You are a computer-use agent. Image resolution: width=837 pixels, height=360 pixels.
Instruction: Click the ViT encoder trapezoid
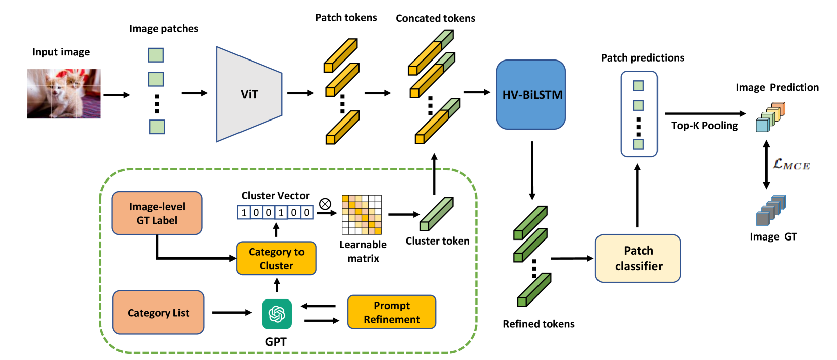(x=249, y=94)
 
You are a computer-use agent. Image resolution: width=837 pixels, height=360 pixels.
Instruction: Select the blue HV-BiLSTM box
(x=531, y=95)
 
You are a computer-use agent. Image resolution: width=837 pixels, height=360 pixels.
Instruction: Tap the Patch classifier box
(x=638, y=258)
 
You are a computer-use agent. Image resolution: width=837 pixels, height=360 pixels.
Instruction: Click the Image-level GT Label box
(x=157, y=213)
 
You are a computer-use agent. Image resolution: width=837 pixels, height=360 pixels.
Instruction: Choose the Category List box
(x=158, y=313)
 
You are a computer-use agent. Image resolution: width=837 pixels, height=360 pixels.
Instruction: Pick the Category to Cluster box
(x=276, y=259)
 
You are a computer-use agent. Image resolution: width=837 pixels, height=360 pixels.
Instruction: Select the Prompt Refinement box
(x=391, y=312)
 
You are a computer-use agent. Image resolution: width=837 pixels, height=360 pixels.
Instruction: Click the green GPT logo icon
(x=277, y=314)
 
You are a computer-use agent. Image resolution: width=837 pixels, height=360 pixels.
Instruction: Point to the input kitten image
(x=64, y=94)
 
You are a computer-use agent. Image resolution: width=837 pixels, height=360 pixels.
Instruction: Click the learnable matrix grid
(x=362, y=215)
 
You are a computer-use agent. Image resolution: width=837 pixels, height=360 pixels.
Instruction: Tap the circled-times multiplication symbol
(x=325, y=204)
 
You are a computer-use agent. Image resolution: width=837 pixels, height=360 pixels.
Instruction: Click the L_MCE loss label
(x=792, y=164)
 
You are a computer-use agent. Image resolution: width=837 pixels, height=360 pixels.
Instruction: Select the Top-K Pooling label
(x=704, y=126)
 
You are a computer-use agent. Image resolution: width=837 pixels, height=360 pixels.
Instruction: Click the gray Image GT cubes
(x=770, y=210)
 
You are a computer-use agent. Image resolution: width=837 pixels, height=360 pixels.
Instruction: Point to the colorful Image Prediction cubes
(x=770, y=117)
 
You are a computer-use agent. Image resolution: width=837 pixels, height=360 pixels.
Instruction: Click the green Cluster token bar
(x=437, y=214)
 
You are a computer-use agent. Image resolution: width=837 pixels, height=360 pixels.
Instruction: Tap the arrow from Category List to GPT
(x=231, y=313)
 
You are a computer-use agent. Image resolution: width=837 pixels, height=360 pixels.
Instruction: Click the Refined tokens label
(x=539, y=324)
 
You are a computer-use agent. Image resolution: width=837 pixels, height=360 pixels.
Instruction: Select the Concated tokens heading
(x=435, y=18)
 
